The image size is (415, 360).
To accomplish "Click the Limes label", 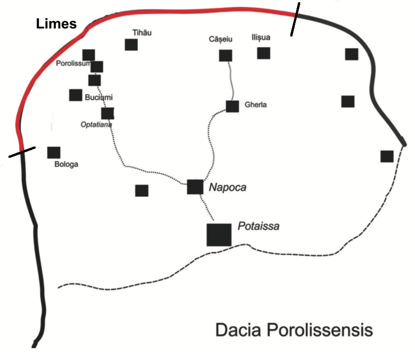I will point(56,25).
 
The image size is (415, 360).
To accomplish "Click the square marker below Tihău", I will point(131,45).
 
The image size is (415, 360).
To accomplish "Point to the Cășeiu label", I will point(220,39).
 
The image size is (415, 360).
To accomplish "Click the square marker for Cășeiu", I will point(226,56).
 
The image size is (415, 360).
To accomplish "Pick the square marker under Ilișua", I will point(264,53).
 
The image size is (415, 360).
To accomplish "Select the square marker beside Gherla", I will point(232,106).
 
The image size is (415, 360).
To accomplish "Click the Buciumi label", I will point(98,96).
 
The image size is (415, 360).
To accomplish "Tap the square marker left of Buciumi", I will point(76,95).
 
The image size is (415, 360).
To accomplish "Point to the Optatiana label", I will point(96,125).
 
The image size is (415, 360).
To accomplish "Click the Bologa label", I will point(66,164).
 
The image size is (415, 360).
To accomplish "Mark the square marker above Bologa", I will point(54,152).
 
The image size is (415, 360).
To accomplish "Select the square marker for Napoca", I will point(195,187).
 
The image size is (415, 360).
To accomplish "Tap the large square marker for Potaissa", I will point(219,235).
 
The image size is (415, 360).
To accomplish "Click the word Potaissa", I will point(258,226).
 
